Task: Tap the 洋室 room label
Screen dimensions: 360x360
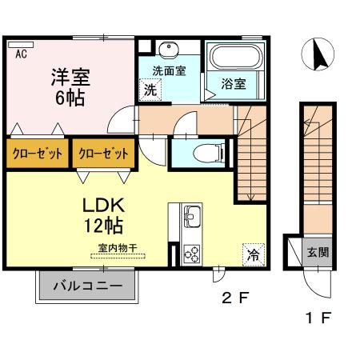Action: [x=71, y=78]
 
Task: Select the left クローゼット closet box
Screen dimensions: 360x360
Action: [x=36, y=154]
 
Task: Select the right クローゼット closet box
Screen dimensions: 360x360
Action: [x=101, y=154]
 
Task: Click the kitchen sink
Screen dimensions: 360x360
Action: [x=193, y=215]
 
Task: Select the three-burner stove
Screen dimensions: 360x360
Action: [x=193, y=253]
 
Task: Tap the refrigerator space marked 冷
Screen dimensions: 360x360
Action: [x=252, y=256]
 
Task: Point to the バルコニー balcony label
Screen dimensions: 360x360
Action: [x=88, y=286]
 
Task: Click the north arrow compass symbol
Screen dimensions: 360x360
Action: [x=318, y=55]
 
